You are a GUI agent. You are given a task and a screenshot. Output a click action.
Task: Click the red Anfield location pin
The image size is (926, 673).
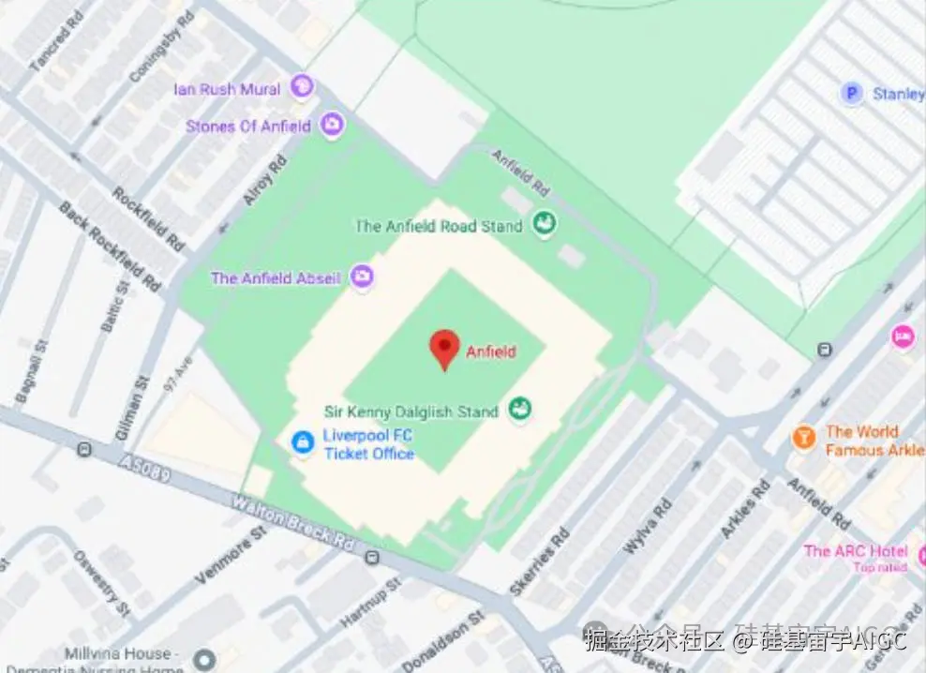click(x=444, y=348)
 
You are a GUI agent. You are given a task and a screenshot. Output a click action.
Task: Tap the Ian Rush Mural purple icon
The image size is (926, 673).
click(x=302, y=87)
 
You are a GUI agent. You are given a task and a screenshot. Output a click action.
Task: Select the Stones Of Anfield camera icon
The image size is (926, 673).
click(x=331, y=124)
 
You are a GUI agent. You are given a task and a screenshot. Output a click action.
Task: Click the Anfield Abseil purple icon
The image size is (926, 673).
click(x=362, y=277)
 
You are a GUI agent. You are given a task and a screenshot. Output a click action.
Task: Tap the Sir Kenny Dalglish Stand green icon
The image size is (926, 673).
click(x=519, y=409)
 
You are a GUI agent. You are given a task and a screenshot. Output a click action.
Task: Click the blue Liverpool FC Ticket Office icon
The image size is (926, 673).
click(x=303, y=441)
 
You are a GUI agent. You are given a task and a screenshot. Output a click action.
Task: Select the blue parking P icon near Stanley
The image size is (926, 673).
click(x=851, y=93)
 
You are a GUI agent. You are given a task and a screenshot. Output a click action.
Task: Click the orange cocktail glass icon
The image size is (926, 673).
click(x=804, y=437)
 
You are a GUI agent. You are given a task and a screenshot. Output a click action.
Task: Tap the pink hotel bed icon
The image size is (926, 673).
click(x=903, y=336)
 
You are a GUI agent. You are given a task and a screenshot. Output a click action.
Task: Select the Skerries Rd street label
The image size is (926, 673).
click(x=539, y=561)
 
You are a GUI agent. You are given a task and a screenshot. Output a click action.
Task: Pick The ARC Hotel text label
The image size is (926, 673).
click(x=855, y=550)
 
